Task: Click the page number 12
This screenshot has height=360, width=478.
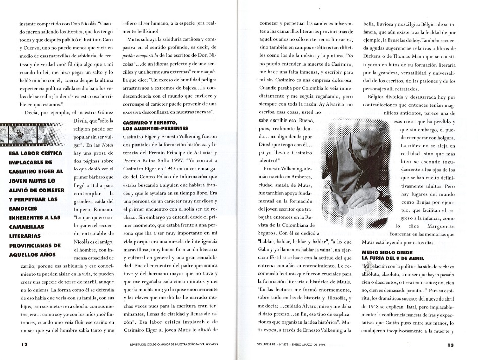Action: [24, 345]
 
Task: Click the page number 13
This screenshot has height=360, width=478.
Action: [451, 345]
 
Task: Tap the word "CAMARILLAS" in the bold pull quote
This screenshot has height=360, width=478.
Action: [28, 227]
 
